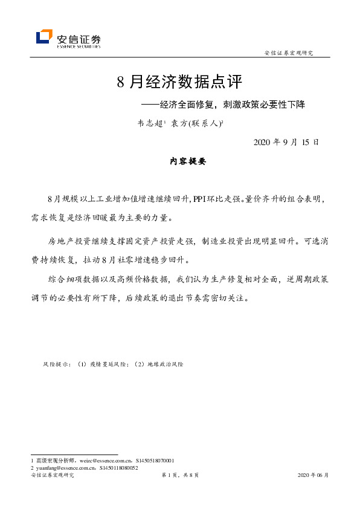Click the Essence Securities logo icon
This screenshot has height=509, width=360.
click(44, 37)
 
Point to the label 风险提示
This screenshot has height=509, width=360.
click(56, 365)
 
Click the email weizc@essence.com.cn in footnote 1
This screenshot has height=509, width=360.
click(101, 461)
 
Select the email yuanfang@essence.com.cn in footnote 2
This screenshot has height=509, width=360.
click(66, 468)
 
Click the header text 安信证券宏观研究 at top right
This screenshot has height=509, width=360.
click(289, 53)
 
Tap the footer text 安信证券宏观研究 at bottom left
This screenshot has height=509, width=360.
click(52, 476)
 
